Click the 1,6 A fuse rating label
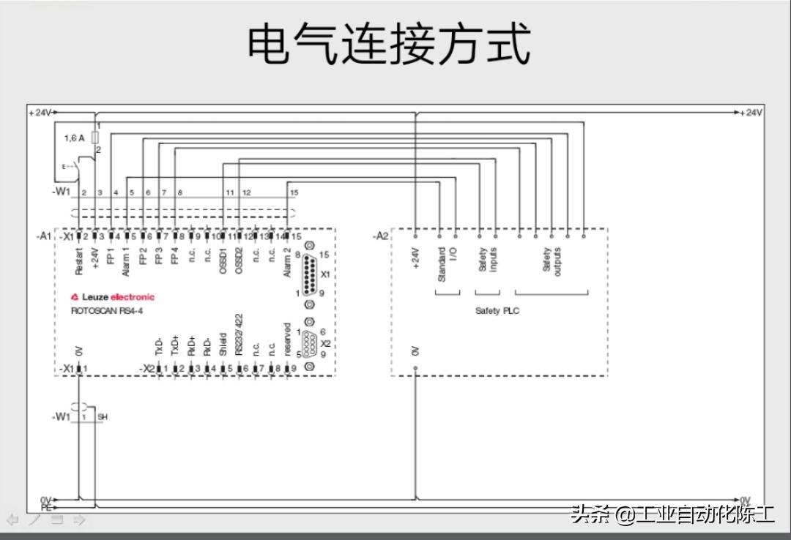point(74,138)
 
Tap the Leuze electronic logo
point(113,297)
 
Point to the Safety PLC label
point(497,311)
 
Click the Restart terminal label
point(79,261)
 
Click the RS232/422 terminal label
point(239,336)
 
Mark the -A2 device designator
point(380,236)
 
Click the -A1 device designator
point(43,236)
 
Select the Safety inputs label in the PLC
point(488,260)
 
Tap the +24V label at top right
point(751,113)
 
